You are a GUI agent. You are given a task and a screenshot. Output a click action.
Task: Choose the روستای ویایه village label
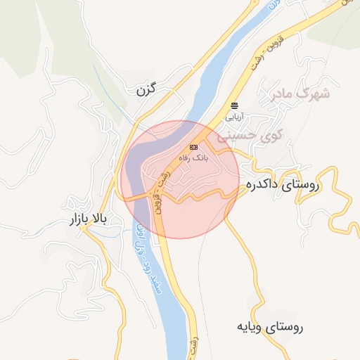[270, 327]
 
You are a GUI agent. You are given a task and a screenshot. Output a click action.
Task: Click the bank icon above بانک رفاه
[193, 147]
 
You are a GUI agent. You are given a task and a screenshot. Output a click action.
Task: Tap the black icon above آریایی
[234, 104]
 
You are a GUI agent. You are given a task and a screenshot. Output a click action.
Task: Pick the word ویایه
[250, 327]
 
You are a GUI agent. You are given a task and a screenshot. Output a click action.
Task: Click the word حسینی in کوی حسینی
[238, 134]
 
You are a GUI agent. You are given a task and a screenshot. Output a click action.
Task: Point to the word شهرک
[314, 92]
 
